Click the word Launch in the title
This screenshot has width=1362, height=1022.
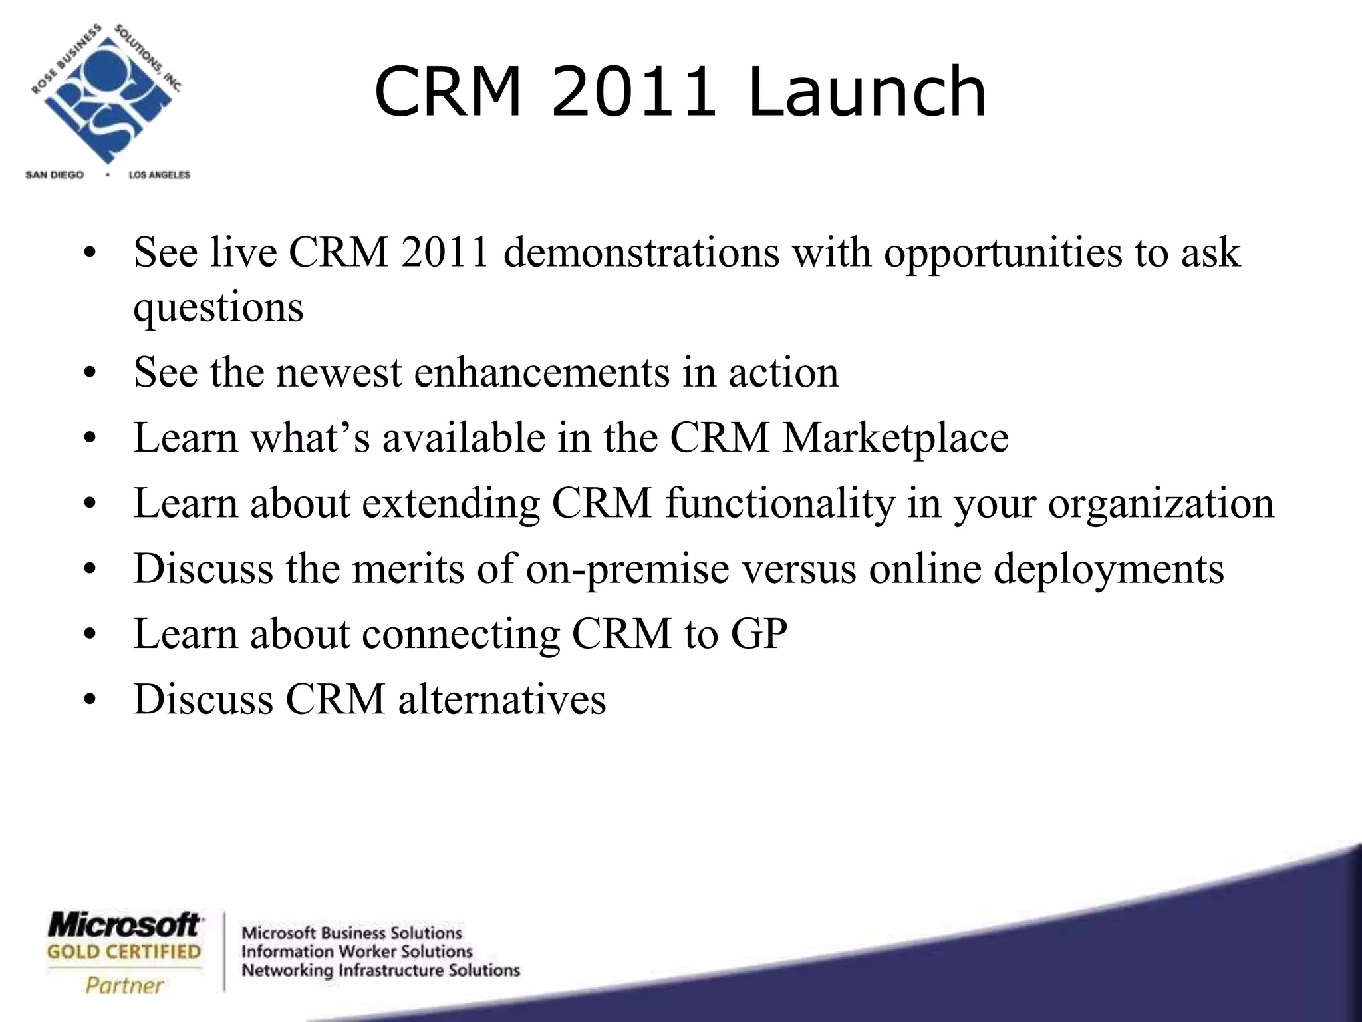[867, 92]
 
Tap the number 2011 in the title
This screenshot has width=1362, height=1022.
[633, 92]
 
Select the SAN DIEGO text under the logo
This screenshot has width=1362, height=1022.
[55, 175]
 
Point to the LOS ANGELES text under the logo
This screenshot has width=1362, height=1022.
[159, 175]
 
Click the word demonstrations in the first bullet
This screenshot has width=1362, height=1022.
[641, 253]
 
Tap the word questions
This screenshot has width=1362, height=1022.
[218, 308]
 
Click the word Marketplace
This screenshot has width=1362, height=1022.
[895, 438]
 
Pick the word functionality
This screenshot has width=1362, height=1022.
[779, 504]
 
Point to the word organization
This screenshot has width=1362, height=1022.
[1161, 504]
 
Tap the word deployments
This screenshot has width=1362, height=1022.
[1109, 570]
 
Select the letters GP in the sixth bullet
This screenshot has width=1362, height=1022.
[759, 634]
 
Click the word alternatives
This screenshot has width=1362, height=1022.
[502, 700]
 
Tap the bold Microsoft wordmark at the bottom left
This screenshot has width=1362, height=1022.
[124, 926]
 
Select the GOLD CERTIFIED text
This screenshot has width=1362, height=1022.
[124, 952]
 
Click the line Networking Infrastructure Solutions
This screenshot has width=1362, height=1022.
[380, 971]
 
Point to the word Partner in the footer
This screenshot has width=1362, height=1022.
[124, 985]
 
